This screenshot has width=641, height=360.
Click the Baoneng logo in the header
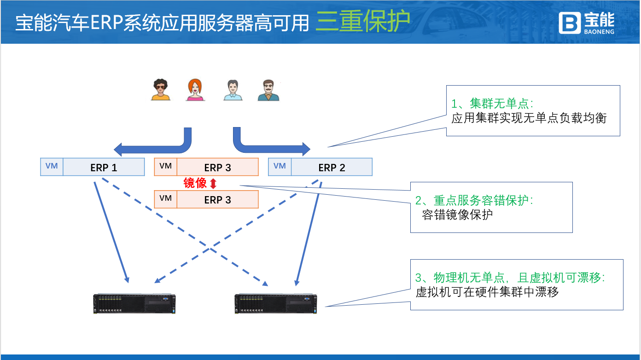click(x=586, y=23)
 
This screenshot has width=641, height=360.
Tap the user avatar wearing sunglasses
click(x=161, y=90)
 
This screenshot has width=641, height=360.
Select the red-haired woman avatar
click(x=195, y=90)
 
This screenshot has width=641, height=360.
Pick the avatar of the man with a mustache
click(x=268, y=90)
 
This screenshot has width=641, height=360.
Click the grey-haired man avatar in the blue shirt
click(x=233, y=90)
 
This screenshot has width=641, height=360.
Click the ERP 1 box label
click(x=104, y=168)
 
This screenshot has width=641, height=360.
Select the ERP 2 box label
click(x=332, y=168)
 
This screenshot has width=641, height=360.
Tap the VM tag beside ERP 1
click(x=52, y=166)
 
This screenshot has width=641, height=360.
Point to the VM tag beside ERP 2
click(x=280, y=166)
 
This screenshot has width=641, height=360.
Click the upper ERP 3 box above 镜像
click(x=217, y=168)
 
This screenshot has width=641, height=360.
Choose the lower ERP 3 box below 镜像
click(x=217, y=200)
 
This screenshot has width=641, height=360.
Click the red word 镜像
click(x=195, y=183)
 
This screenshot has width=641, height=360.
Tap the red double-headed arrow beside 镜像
click(x=213, y=184)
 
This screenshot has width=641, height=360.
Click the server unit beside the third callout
click(x=276, y=304)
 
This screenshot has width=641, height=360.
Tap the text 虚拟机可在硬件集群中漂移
click(x=487, y=292)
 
